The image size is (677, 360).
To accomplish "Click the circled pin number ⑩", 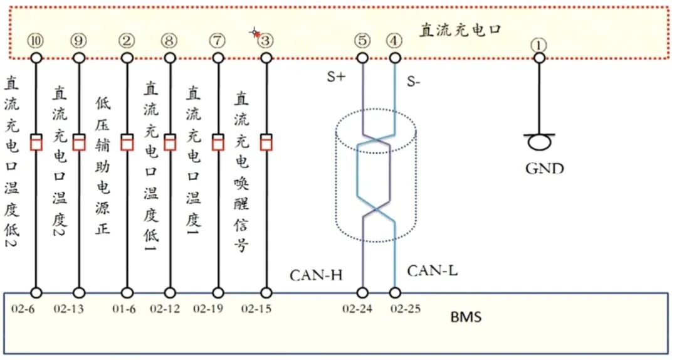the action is click(36, 41).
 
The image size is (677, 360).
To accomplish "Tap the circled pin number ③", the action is click(266, 41).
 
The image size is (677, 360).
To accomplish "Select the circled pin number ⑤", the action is click(362, 41).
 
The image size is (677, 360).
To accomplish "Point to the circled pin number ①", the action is click(539, 45).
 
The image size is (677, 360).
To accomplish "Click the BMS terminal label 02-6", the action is click(23, 309).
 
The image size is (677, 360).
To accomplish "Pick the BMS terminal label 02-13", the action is click(69, 309).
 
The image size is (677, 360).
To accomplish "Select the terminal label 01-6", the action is click(124, 309).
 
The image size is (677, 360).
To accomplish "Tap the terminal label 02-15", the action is click(256, 309).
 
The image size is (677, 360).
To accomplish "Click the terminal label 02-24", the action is click(357, 309).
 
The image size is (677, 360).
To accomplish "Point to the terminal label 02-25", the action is click(406, 309).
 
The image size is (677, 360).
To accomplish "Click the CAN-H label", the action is click(316, 275).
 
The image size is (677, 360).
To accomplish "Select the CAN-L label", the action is click(432, 271).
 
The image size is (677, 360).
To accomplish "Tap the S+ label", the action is click(337, 77).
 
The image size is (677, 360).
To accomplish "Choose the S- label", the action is click(414, 82).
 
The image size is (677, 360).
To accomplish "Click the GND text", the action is click(545, 167).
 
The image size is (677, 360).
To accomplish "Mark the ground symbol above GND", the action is click(539, 141).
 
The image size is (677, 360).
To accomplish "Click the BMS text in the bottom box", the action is click(466, 317).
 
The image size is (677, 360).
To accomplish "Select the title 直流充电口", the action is click(460, 30).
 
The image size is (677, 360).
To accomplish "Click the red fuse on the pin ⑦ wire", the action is click(218, 142).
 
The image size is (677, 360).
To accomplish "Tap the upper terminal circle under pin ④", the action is click(395, 58).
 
